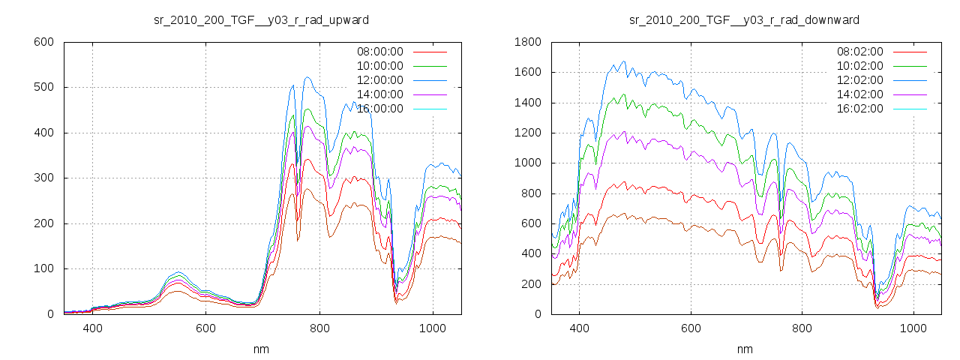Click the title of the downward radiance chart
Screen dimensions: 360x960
click(x=744, y=19)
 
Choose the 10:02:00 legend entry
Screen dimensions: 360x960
click(x=859, y=66)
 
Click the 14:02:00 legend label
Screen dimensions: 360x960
click(x=859, y=94)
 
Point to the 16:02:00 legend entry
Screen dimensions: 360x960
click(x=859, y=109)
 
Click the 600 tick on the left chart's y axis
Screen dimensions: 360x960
click(x=43, y=42)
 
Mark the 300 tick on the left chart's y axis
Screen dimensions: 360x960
click(x=43, y=178)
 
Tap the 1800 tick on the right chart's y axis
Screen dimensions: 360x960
click(x=526, y=42)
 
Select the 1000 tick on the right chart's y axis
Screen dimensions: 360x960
click(x=526, y=163)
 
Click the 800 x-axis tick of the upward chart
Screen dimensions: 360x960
click(x=319, y=328)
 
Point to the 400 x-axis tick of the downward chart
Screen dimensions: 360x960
click(x=578, y=328)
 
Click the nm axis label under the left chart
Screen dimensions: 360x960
click(x=262, y=349)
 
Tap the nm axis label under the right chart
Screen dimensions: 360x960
click(x=744, y=349)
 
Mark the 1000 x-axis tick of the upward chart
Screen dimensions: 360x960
click(x=433, y=328)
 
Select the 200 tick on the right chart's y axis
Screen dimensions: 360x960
click(x=529, y=284)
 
